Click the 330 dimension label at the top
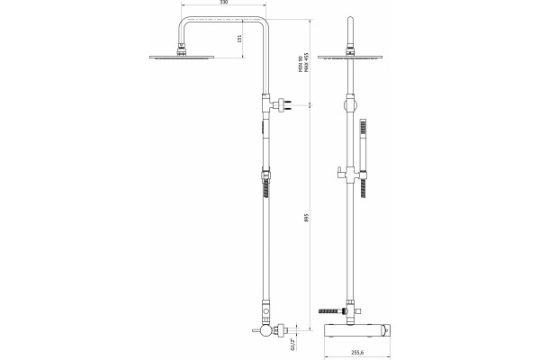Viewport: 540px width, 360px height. [x=224, y=2]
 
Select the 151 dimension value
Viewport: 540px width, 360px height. [x=239, y=38]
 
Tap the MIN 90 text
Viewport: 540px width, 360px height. [x=301, y=63]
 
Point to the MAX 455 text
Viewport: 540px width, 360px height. [x=306, y=62]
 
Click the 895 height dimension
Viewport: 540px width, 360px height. [x=307, y=218]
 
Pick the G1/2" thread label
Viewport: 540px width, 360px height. [x=292, y=344]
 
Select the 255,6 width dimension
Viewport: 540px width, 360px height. [x=357, y=353]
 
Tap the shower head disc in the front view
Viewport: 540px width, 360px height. [x=350, y=58]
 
